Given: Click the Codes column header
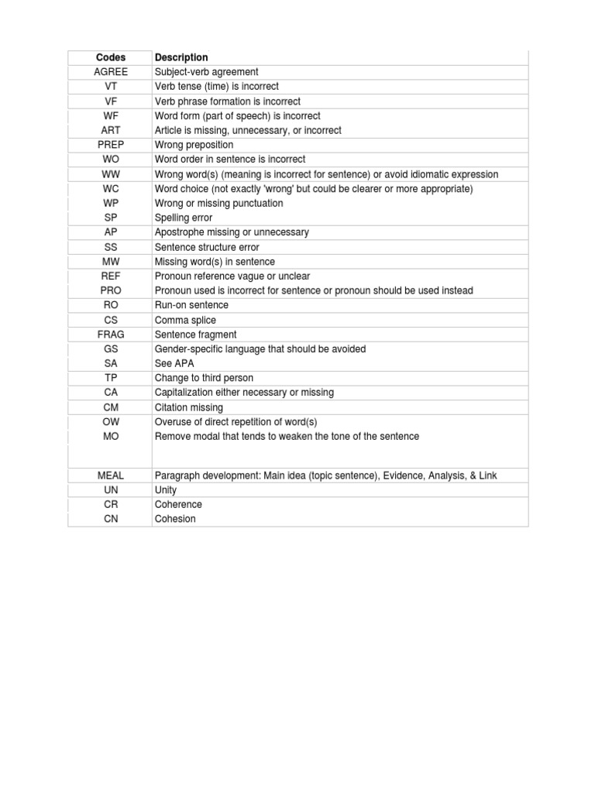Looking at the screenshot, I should [x=111, y=57].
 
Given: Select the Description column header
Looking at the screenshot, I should [x=181, y=57].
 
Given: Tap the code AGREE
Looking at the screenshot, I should [x=111, y=72].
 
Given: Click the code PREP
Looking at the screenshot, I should [x=111, y=145].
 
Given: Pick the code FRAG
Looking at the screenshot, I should [x=111, y=335].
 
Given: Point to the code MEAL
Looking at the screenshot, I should [x=111, y=475].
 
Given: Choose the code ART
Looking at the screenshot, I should [x=111, y=130].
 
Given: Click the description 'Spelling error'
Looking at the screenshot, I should [x=183, y=218].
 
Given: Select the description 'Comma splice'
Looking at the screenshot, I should [x=185, y=320].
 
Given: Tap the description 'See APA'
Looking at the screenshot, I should [x=174, y=363].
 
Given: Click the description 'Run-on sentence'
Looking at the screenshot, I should [x=191, y=305].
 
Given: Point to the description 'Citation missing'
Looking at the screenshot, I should [x=188, y=407].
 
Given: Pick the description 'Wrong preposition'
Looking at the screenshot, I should [x=194, y=145].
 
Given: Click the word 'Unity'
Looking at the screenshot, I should [x=166, y=490].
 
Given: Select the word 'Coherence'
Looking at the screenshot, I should [x=178, y=504].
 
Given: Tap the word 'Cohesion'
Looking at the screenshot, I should [x=175, y=519].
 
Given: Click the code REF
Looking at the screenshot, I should [x=111, y=276].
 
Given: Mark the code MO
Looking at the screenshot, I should [x=111, y=436].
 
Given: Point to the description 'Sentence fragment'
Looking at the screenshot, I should [x=195, y=335].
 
